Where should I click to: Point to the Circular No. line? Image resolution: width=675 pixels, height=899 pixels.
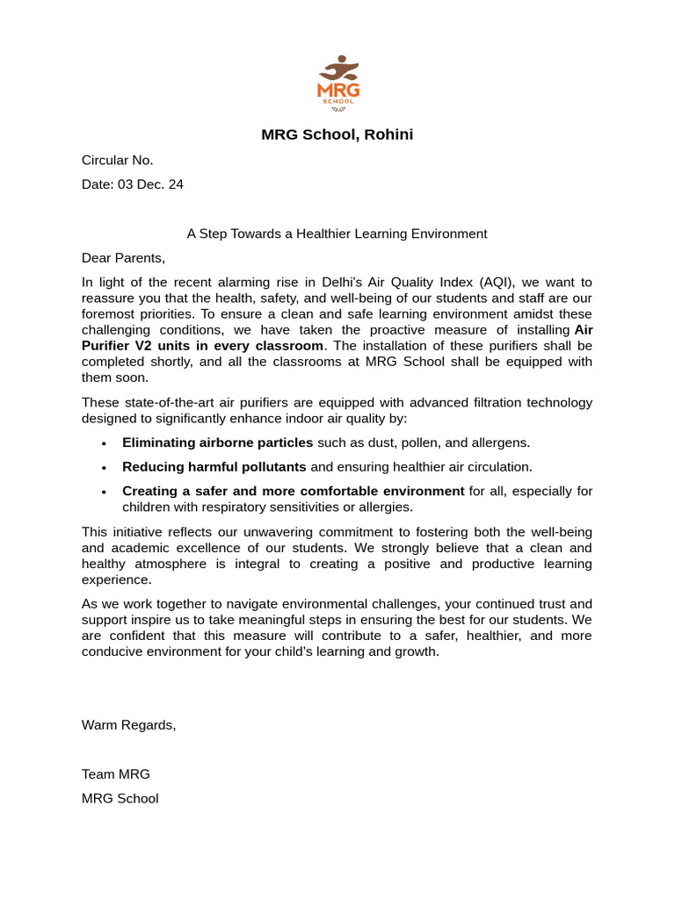(x=118, y=160)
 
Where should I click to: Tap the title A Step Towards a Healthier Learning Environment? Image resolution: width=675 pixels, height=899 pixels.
(x=337, y=234)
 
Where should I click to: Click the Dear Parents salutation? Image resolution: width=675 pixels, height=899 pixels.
(x=123, y=258)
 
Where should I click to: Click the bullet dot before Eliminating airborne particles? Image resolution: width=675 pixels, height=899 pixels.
(x=105, y=443)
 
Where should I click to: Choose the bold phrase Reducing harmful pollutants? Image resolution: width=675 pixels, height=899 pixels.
(x=214, y=467)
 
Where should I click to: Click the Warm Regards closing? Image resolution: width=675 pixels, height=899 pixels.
(x=129, y=725)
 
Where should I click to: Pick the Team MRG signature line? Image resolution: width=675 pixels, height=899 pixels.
(x=116, y=774)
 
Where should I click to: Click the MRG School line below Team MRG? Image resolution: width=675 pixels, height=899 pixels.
(x=120, y=799)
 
